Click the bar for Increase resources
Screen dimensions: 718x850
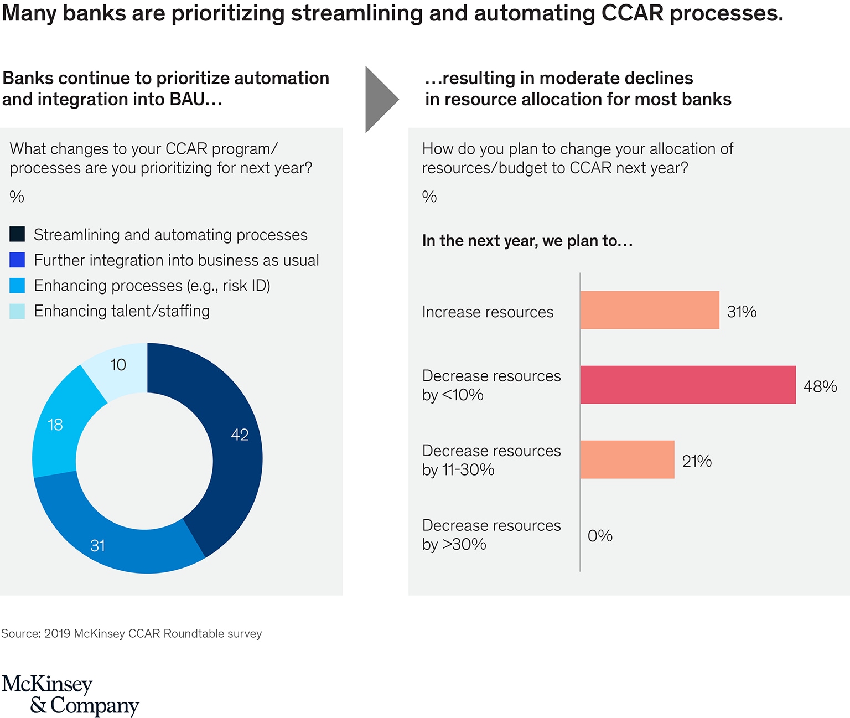pyautogui.click(x=649, y=310)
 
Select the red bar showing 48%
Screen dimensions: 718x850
pyautogui.click(x=687, y=385)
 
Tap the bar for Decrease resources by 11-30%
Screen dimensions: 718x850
pyautogui.click(x=627, y=459)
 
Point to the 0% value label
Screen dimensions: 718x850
pyautogui.click(x=600, y=535)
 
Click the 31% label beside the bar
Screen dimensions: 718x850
pyautogui.click(x=742, y=312)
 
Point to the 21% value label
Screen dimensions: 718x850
pyautogui.click(x=697, y=461)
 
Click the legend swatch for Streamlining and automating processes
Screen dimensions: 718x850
pyautogui.click(x=17, y=234)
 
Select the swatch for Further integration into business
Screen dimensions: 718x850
pyautogui.click(x=17, y=260)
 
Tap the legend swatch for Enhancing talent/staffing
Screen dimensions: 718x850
pyautogui.click(x=17, y=311)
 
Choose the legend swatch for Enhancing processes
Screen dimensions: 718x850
pyautogui.click(x=17, y=285)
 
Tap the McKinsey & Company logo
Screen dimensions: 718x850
pyautogui.click(x=70, y=695)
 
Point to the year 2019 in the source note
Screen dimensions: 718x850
pyautogui.click(x=57, y=633)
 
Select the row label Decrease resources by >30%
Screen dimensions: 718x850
pyautogui.click(x=491, y=535)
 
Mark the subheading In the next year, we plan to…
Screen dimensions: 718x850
pyautogui.click(x=527, y=241)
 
